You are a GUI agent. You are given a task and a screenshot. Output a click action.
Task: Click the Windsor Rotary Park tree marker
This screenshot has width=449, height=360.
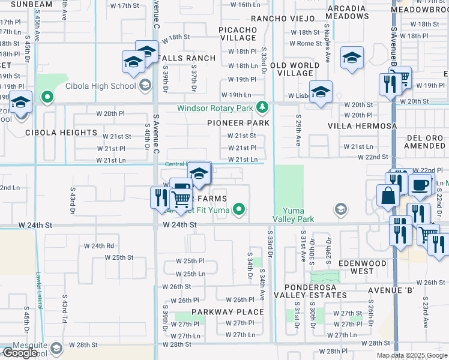pyautogui.click(x=261, y=108)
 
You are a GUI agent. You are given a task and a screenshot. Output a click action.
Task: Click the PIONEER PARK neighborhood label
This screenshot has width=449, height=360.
pyautogui.click(x=238, y=122)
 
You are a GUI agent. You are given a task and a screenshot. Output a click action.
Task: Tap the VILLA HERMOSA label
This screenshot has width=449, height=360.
pyautogui.click(x=362, y=127)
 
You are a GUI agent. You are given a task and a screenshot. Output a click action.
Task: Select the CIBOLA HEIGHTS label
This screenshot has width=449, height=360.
pyautogui.click(x=61, y=133)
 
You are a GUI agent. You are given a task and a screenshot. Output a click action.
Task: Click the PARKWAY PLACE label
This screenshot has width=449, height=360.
pyautogui.click(x=228, y=312)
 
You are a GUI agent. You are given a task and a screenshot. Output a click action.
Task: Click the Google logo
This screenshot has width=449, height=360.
pyautogui.click(x=20, y=353)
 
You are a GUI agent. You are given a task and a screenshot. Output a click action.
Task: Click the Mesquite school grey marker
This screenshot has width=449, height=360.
pyautogui.click(x=56, y=348)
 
